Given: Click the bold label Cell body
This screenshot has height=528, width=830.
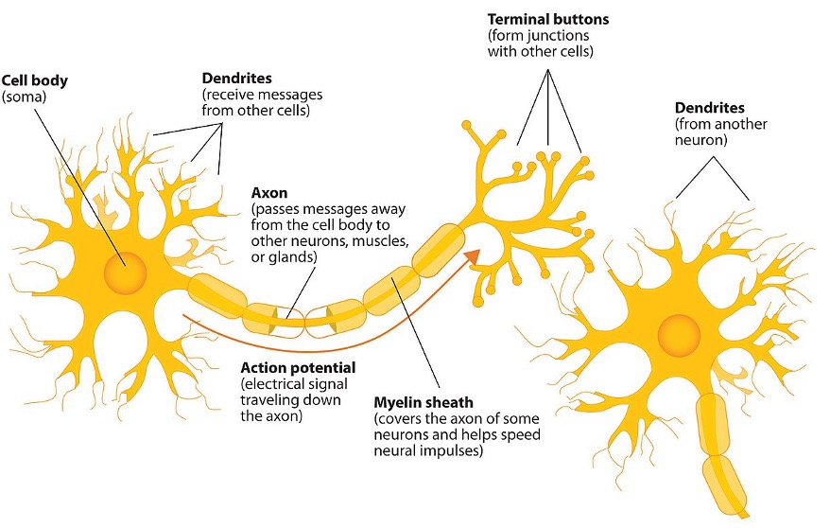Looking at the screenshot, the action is (x=34, y=81).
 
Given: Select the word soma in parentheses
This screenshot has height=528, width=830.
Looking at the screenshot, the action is (x=25, y=97).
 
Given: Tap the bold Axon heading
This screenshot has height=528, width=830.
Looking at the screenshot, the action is (x=269, y=192).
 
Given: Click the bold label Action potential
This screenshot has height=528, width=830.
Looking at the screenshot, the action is (x=298, y=367).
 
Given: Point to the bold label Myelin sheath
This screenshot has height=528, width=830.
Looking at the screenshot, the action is (x=424, y=402).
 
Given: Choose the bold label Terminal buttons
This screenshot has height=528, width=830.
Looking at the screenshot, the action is (x=548, y=20).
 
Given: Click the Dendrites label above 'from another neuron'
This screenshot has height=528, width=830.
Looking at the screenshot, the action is (x=709, y=108).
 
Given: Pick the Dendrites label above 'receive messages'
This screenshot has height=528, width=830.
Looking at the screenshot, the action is (x=236, y=79).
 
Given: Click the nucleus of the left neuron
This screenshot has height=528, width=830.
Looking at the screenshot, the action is (x=125, y=273).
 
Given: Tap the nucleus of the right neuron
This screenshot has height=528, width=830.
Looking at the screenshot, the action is (x=679, y=335).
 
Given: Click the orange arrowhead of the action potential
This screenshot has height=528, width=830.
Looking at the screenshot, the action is (x=472, y=255).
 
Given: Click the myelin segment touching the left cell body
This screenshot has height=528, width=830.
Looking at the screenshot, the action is (x=217, y=292).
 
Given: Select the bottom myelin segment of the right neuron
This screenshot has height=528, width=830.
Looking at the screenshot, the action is (x=725, y=485).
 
